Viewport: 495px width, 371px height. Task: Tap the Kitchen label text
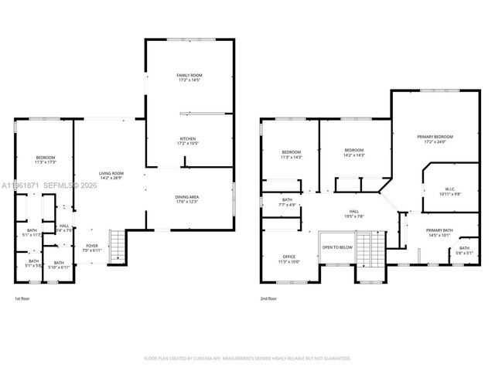click(189, 141)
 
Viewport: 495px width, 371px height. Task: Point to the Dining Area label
click(188, 199)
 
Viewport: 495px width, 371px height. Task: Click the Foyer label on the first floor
click(91, 247)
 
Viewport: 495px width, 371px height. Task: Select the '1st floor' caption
click(23, 298)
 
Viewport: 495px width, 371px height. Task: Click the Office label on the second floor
click(289, 259)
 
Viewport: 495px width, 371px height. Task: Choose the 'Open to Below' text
click(337, 247)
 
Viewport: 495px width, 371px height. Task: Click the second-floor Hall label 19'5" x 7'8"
click(354, 214)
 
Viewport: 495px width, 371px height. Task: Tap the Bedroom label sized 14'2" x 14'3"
click(354, 152)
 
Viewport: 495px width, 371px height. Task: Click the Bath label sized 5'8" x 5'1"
click(464, 250)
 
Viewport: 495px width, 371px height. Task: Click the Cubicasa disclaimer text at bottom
click(247, 358)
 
